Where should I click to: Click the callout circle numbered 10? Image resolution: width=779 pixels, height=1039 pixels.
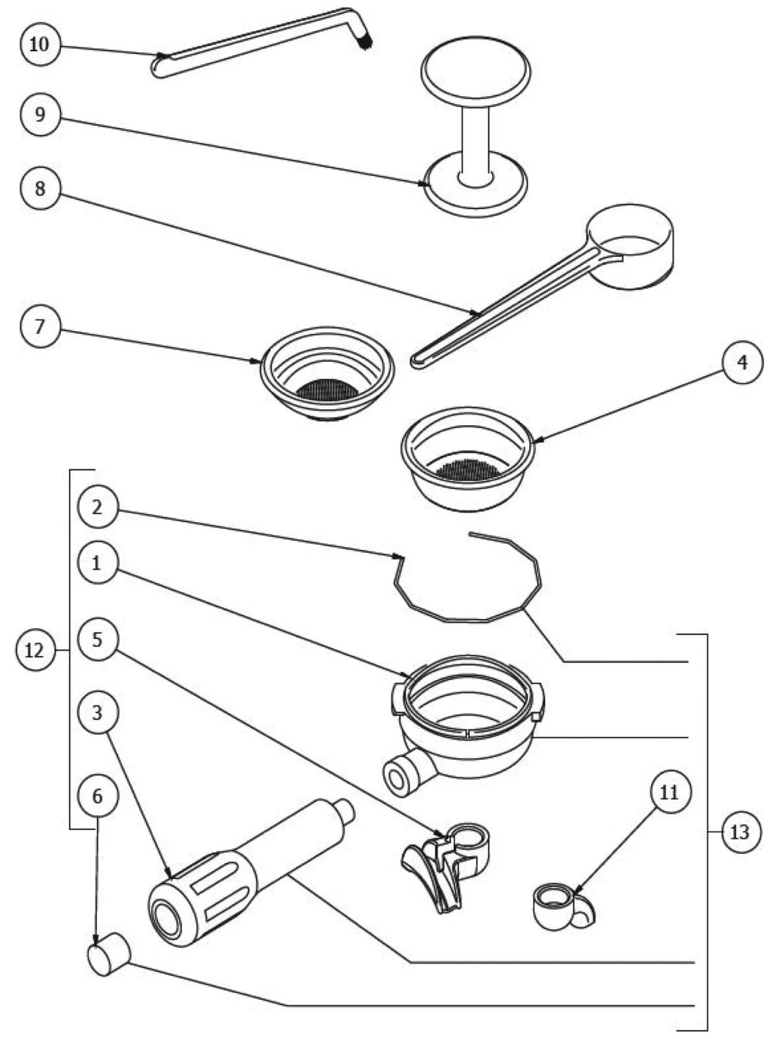pos(40,44)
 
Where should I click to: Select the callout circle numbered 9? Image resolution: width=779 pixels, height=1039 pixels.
pos(40,115)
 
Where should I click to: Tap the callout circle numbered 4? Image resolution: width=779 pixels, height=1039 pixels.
pos(743,362)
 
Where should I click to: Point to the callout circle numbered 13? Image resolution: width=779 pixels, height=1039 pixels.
pos(740,831)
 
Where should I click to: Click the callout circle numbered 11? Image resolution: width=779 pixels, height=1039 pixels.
pos(670,792)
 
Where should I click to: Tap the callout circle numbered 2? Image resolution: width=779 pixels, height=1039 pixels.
pos(97,507)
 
